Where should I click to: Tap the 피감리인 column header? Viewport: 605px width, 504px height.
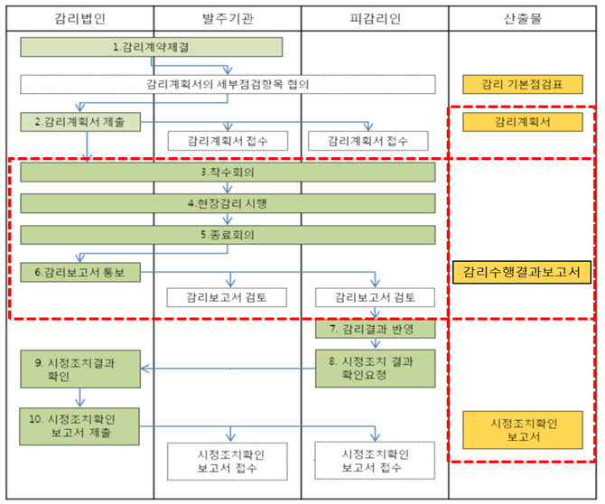[374, 18]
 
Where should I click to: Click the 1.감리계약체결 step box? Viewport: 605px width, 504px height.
[151, 46]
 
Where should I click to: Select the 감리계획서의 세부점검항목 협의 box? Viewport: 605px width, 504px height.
[228, 84]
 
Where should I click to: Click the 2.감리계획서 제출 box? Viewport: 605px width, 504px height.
[79, 122]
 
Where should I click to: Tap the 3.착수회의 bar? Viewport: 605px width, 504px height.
[228, 172]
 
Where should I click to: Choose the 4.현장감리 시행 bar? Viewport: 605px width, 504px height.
[228, 203]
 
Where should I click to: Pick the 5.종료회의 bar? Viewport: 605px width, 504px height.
[228, 235]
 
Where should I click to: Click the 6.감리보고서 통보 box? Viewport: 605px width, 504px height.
[79, 272]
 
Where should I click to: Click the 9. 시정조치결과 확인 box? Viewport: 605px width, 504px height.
[79, 369]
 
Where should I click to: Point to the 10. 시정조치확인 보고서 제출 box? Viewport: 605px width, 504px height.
[79, 425]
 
